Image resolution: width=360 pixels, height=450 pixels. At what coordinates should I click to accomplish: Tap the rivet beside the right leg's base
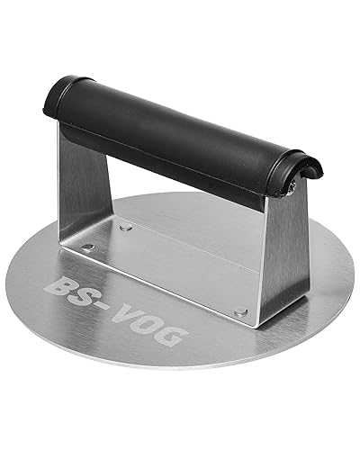click(240, 311)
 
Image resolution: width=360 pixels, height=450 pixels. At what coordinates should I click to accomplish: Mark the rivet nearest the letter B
click(88, 245)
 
